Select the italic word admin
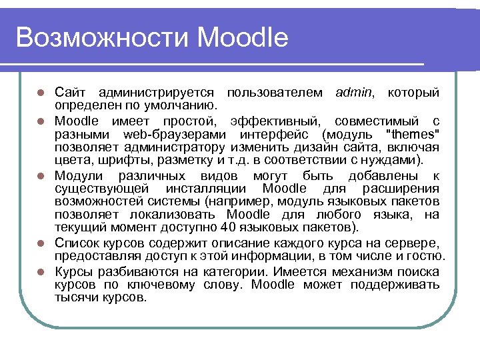(355, 91)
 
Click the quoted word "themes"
(418, 134)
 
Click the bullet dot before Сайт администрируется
(41, 92)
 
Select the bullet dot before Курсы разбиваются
(41, 272)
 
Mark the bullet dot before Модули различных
(41, 176)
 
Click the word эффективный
(275, 121)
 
